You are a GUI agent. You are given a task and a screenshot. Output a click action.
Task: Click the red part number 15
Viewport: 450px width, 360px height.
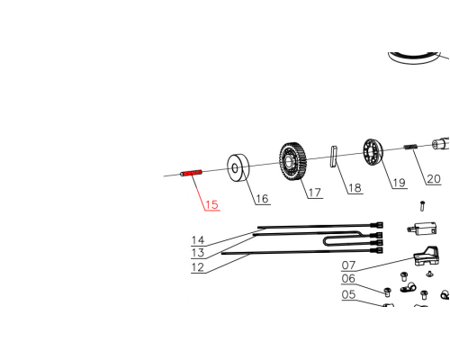211,204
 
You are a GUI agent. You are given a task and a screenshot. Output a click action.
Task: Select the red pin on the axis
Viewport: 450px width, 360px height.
191,173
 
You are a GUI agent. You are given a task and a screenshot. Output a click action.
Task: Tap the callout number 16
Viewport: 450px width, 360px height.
262,199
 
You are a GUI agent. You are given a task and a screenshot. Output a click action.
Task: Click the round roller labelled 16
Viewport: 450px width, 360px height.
238,168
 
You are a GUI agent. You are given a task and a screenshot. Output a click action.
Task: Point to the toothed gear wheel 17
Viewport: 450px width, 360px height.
292,162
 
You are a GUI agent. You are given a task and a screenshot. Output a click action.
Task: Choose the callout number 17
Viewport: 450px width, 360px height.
315,193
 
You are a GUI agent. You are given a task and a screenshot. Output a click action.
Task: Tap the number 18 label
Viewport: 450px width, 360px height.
355,188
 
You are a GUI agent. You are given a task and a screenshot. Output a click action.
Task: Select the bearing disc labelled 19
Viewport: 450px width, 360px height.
373,152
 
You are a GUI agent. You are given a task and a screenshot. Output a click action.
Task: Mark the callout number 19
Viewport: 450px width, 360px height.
400,183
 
